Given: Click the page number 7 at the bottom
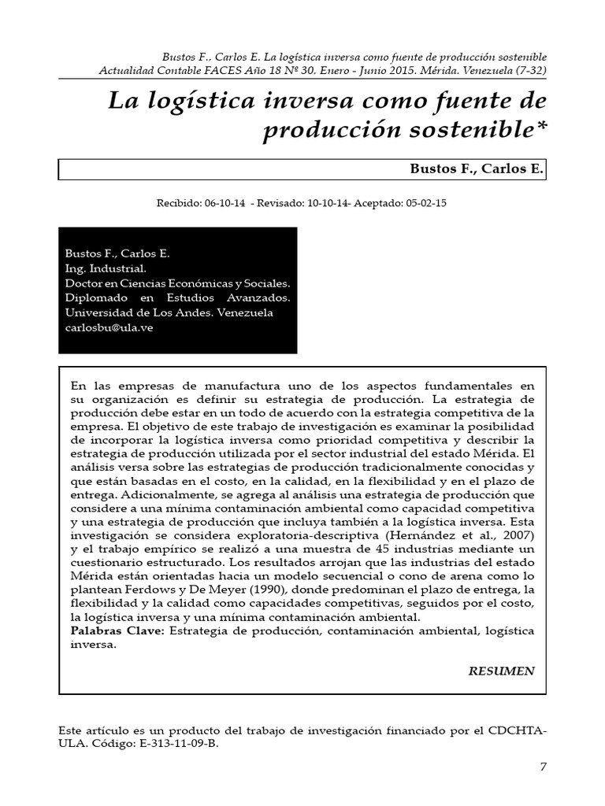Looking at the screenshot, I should tap(543, 767).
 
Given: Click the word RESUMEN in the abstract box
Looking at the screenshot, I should tap(502, 671).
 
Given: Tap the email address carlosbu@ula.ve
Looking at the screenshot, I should tap(109, 327).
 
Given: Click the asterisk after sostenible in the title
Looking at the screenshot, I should tap(540, 129).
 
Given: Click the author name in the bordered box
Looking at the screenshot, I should tap(477, 168).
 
